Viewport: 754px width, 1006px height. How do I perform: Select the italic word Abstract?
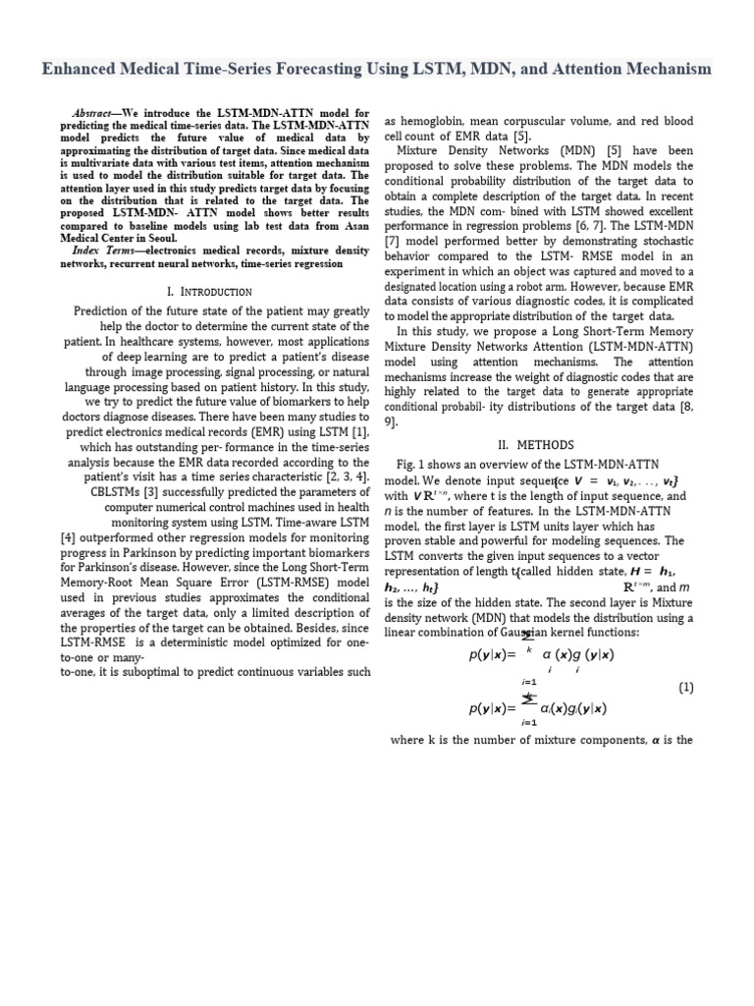(96, 113)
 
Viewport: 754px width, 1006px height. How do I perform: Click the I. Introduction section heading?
(210, 291)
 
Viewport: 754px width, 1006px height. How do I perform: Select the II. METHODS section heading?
(540, 443)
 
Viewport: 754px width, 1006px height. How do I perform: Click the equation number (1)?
(686, 688)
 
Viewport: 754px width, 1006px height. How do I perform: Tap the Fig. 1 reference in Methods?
(415, 464)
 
